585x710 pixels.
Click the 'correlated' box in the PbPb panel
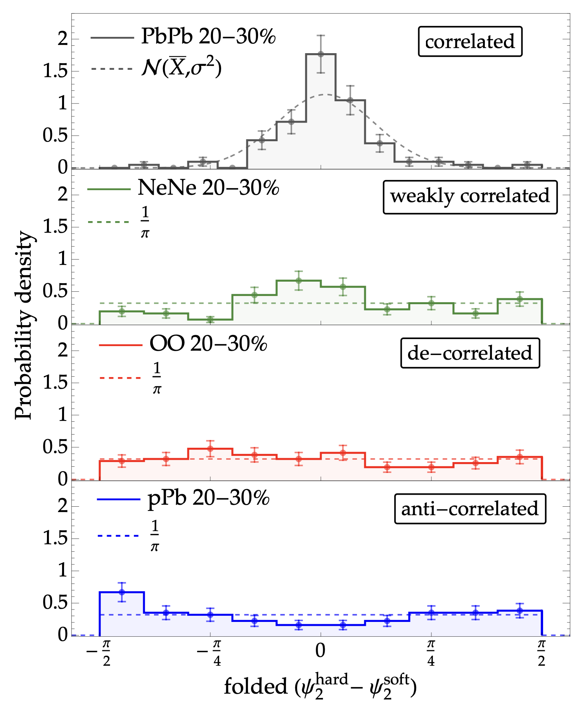tap(470, 42)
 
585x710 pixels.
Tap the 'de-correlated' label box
tap(470, 353)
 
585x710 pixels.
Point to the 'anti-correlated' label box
tap(470, 509)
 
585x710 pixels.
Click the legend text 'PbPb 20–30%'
tap(208, 37)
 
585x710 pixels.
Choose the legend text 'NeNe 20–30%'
tap(208, 188)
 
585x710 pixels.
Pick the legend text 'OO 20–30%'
tap(208, 344)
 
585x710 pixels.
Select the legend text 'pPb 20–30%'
tap(208, 498)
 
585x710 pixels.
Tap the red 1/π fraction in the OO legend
tap(157, 378)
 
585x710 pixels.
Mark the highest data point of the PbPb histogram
tap(320, 54)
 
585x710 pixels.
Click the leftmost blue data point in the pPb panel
tap(122, 592)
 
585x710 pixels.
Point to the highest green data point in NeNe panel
tap(298, 281)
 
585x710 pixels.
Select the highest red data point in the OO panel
tap(210, 449)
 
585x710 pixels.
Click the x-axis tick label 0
tap(320, 650)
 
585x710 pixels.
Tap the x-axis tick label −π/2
tap(99, 653)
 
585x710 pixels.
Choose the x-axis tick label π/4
tap(431, 653)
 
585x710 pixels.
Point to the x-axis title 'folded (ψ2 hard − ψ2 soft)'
tap(320, 687)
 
